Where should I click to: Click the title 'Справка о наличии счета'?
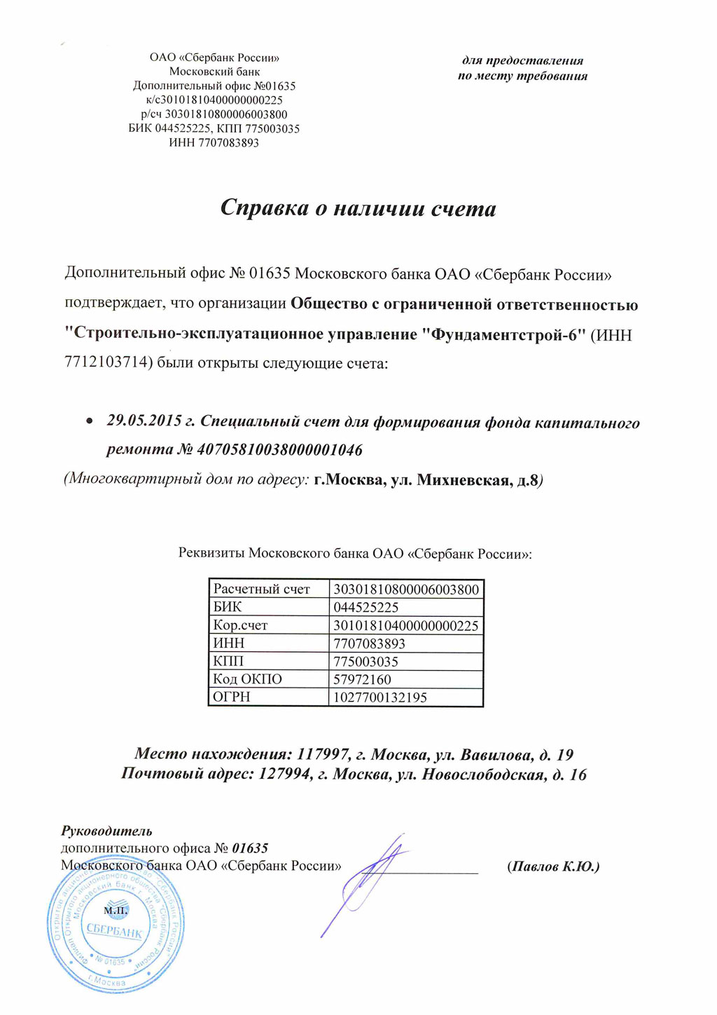(358, 208)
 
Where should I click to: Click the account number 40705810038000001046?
(280, 449)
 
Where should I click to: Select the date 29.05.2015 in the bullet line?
(144, 422)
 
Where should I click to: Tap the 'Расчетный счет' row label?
(261, 590)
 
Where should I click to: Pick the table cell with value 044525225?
(366, 608)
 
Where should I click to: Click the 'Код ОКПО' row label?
(247, 679)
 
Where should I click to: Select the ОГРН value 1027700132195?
(380, 697)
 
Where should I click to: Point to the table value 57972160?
(362, 679)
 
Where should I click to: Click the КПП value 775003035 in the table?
(366, 662)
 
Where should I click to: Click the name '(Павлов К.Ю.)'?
(553, 866)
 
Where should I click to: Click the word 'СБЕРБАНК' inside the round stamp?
(114, 932)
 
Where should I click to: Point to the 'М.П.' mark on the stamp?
(116, 911)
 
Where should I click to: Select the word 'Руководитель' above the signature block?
(106, 831)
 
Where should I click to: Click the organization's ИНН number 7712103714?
(105, 363)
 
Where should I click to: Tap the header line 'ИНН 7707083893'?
(214, 143)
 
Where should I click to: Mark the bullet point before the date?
(89, 422)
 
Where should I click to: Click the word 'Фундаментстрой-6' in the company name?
(503, 334)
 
